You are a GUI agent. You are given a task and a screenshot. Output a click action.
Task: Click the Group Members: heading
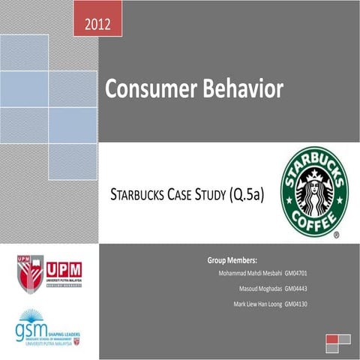pyautogui.click(x=232, y=259)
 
